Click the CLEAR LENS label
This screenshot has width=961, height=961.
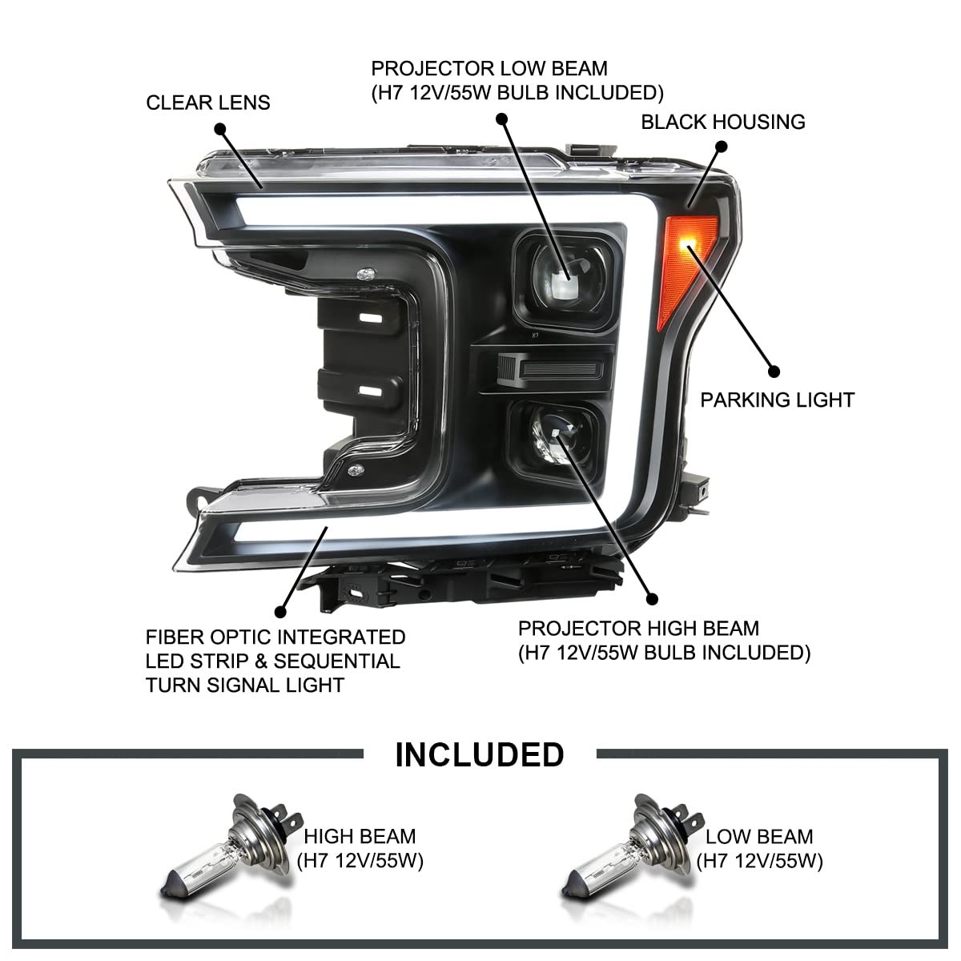pyautogui.click(x=208, y=103)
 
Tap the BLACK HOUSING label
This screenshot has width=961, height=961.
pyautogui.click(x=722, y=122)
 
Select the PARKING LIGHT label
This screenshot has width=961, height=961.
pyautogui.click(x=777, y=399)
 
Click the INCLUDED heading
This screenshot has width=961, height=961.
pyautogui.click(x=480, y=754)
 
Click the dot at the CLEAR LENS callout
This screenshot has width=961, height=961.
pyautogui.click(x=220, y=129)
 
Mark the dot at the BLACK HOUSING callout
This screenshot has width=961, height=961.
pyautogui.click(x=721, y=147)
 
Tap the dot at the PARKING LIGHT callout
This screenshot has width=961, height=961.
pyautogui.click(x=774, y=372)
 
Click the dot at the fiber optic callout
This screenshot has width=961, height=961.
pyautogui.click(x=279, y=611)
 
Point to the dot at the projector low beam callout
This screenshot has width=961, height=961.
pyautogui.click(x=502, y=118)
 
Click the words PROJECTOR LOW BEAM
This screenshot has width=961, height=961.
pyautogui.click(x=489, y=68)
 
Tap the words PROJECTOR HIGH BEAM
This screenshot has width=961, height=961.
pyautogui.click(x=638, y=629)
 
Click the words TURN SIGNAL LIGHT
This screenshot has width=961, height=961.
pyautogui.click(x=245, y=685)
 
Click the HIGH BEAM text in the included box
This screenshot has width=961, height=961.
pyautogui.click(x=360, y=837)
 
